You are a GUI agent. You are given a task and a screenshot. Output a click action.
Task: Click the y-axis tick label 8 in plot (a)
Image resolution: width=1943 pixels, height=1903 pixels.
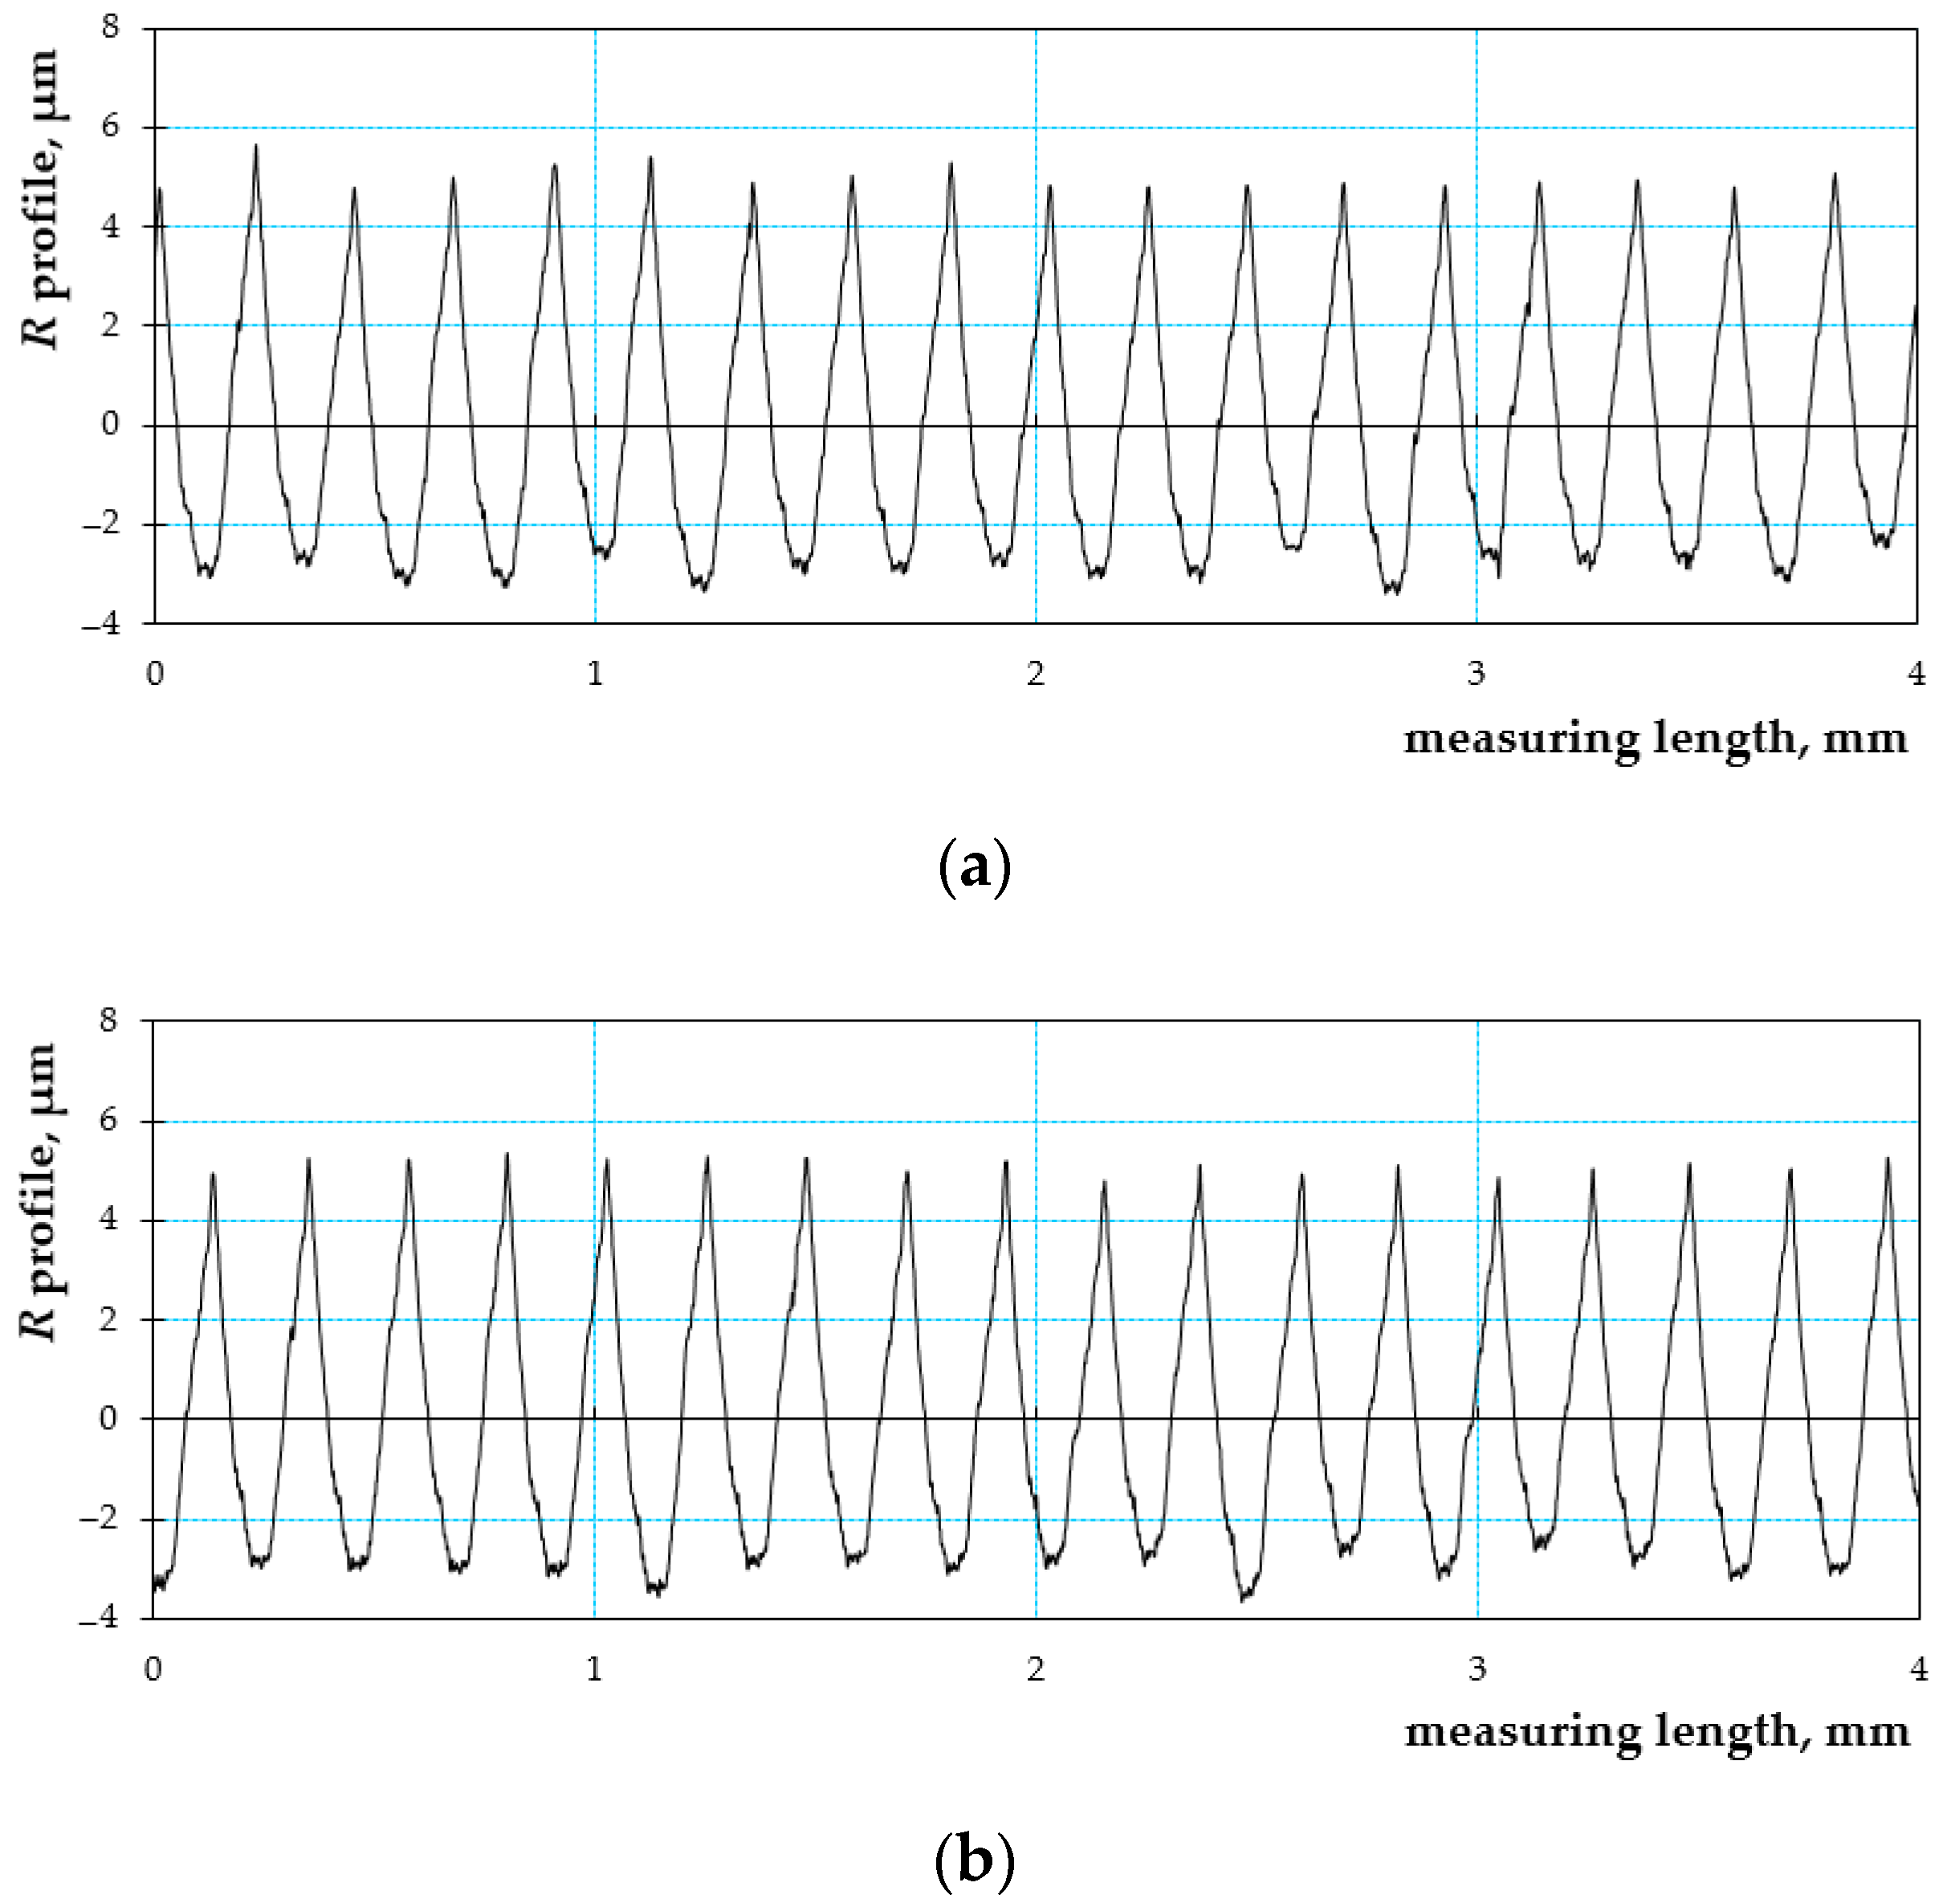coord(109,27)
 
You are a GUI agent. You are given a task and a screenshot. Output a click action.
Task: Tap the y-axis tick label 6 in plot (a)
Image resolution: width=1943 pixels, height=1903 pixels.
coord(109,126)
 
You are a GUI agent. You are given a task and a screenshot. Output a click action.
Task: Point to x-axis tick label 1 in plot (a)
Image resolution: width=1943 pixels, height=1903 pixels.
coord(595,674)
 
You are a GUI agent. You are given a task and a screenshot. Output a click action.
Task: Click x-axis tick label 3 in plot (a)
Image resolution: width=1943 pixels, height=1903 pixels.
coord(1477,674)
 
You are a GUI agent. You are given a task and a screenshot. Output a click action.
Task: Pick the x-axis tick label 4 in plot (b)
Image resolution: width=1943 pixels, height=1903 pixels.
coord(1918,1668)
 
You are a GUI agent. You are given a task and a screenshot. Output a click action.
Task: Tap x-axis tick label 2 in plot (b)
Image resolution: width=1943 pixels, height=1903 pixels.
coord(1036,1668)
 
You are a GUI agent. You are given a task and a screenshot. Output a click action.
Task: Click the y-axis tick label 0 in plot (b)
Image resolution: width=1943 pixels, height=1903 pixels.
coord(109,1417)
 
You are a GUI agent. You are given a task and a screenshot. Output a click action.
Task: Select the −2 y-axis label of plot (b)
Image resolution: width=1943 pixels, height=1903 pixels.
coord(101,1518)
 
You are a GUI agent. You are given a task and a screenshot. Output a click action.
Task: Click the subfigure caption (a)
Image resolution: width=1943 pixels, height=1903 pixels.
coord(975,866)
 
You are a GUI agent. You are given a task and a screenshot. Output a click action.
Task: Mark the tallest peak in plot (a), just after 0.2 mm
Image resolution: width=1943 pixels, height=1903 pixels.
coord(256,147)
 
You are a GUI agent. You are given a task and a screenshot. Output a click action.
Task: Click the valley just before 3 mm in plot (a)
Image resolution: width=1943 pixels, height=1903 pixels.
coord(1391,591)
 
